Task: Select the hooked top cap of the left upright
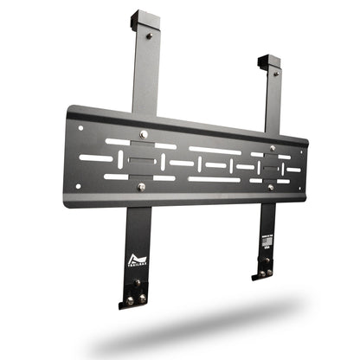[142, 20]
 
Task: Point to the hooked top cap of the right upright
[268, 62]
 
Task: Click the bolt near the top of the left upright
[149, 36]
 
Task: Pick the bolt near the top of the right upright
[273, 76]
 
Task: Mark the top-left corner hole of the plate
[80, 128]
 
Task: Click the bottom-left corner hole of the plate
[77, 185]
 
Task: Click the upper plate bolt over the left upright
[144, 134]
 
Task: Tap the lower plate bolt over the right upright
[269, 187]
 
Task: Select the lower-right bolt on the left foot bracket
[142, 299]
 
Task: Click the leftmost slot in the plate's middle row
[96, 158]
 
